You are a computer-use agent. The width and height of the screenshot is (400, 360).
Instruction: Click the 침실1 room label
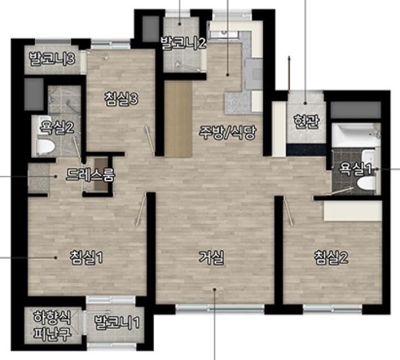[87, 257]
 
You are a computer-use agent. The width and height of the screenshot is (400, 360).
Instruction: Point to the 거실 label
[212, 257]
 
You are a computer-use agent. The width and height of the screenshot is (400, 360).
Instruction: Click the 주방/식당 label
[227, 133]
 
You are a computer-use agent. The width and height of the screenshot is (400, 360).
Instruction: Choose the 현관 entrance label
[306, 121]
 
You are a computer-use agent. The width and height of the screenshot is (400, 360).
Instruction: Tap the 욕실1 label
[355, 169]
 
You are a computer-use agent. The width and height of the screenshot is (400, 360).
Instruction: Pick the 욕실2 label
[57, 127]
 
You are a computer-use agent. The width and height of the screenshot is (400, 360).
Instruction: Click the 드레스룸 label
[90, 175]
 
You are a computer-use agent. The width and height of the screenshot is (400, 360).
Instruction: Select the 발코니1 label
[117, 322]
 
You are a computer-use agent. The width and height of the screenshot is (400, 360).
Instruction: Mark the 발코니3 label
[52, 59]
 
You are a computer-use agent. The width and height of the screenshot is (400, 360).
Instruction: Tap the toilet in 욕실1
[367, 183]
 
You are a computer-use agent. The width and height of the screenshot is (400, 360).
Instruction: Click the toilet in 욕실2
[46, 147]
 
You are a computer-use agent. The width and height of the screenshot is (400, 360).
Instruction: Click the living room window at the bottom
[220, 308]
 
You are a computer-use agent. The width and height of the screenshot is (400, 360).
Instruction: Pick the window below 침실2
[333, 309]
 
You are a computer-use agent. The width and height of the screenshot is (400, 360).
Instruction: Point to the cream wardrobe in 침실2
[353, 211]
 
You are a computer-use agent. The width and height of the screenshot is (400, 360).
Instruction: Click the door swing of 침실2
[288, 211]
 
